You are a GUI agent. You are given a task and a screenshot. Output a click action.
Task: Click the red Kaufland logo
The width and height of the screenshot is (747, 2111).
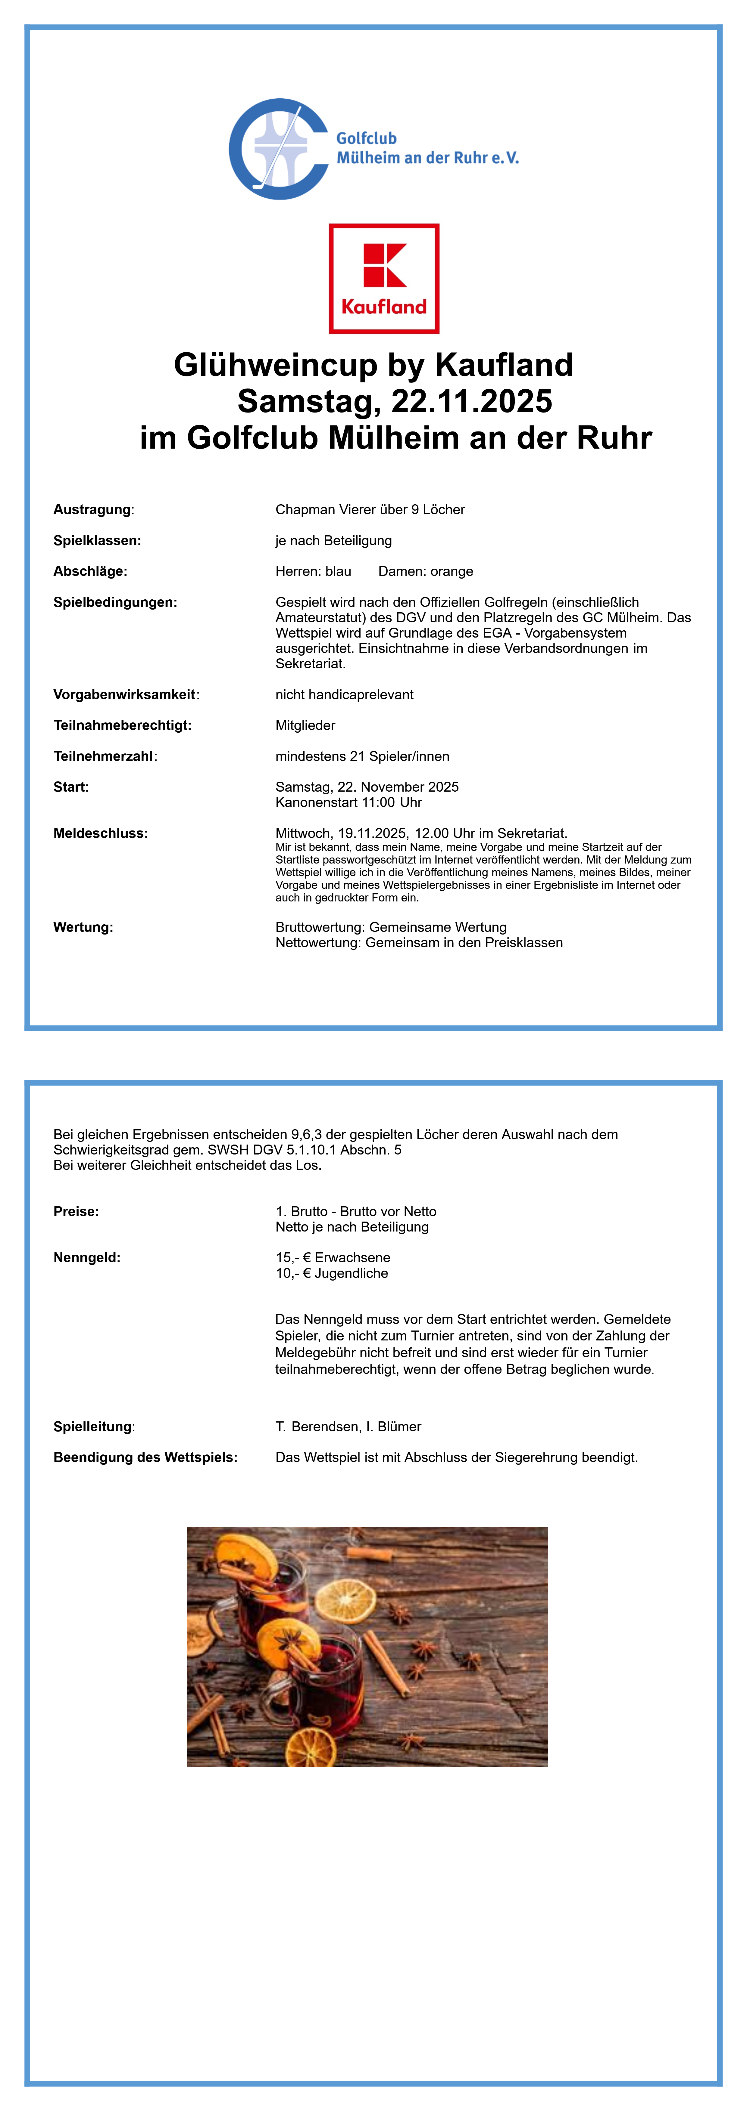(x=384, y=279)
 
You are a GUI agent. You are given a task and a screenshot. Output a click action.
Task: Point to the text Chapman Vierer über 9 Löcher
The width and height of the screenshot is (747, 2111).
(x=370, y=510)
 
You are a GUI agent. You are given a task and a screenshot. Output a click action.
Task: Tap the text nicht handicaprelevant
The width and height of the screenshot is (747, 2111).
(x=344, y=695)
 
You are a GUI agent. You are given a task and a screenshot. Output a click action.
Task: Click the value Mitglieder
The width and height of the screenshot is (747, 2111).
(x=305, y=725)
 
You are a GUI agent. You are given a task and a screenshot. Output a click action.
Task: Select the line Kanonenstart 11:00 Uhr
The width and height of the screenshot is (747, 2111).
(x=348, y=802)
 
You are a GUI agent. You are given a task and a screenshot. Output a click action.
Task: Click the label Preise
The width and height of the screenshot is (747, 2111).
(x=76, y=1211)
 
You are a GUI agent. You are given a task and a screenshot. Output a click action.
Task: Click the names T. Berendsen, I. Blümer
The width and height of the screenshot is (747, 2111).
(x=348, y=1427)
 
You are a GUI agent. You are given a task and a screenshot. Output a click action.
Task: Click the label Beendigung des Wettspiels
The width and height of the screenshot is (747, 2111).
(x=145, y=1457)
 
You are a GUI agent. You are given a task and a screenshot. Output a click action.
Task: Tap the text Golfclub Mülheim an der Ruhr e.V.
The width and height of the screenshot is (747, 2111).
(x=427, y=148)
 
